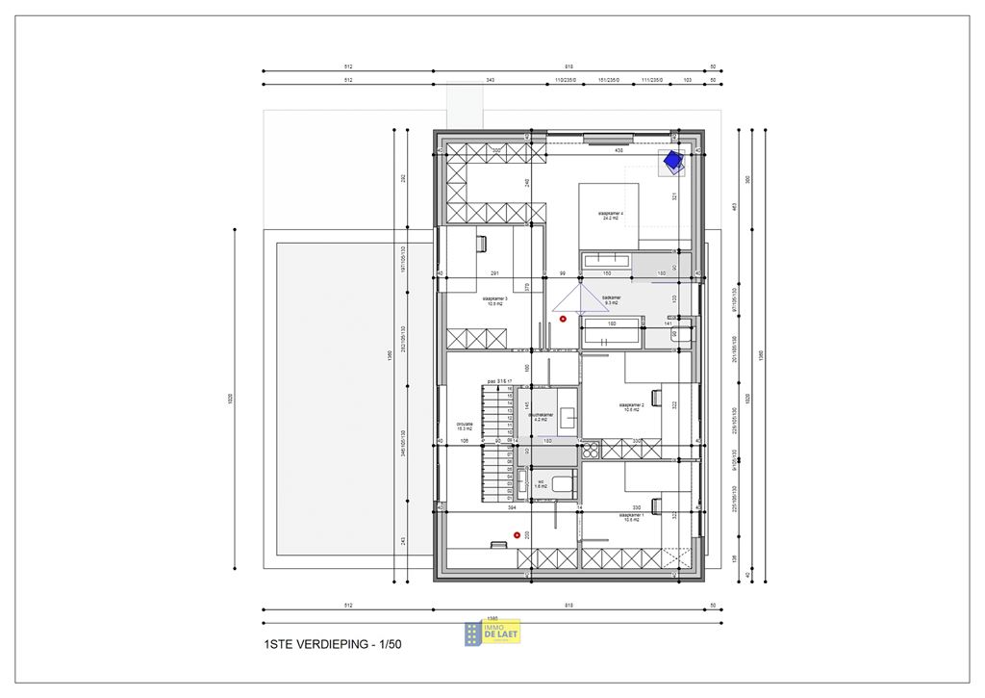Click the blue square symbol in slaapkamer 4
(x=671, y=162)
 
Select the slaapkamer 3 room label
(x=495, y=301)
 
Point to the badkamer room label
(x=611, y=300)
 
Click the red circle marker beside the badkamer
(x=563, y=318)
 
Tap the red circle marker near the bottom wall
(x=517, y=534)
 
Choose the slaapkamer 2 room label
(x=631, y=407)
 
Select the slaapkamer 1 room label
(x=631, y=517)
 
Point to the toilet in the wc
(x=524, y=481)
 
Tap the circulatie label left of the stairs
(x=465, y=425)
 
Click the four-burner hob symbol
(x=589, y=449)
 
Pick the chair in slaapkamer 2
(x=656, y=394)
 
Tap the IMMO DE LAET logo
(x=492, y=632)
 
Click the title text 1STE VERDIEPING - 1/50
(x=332, y=644)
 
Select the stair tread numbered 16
(x=509, y=389)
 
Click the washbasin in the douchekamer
(x=568, y=417)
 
